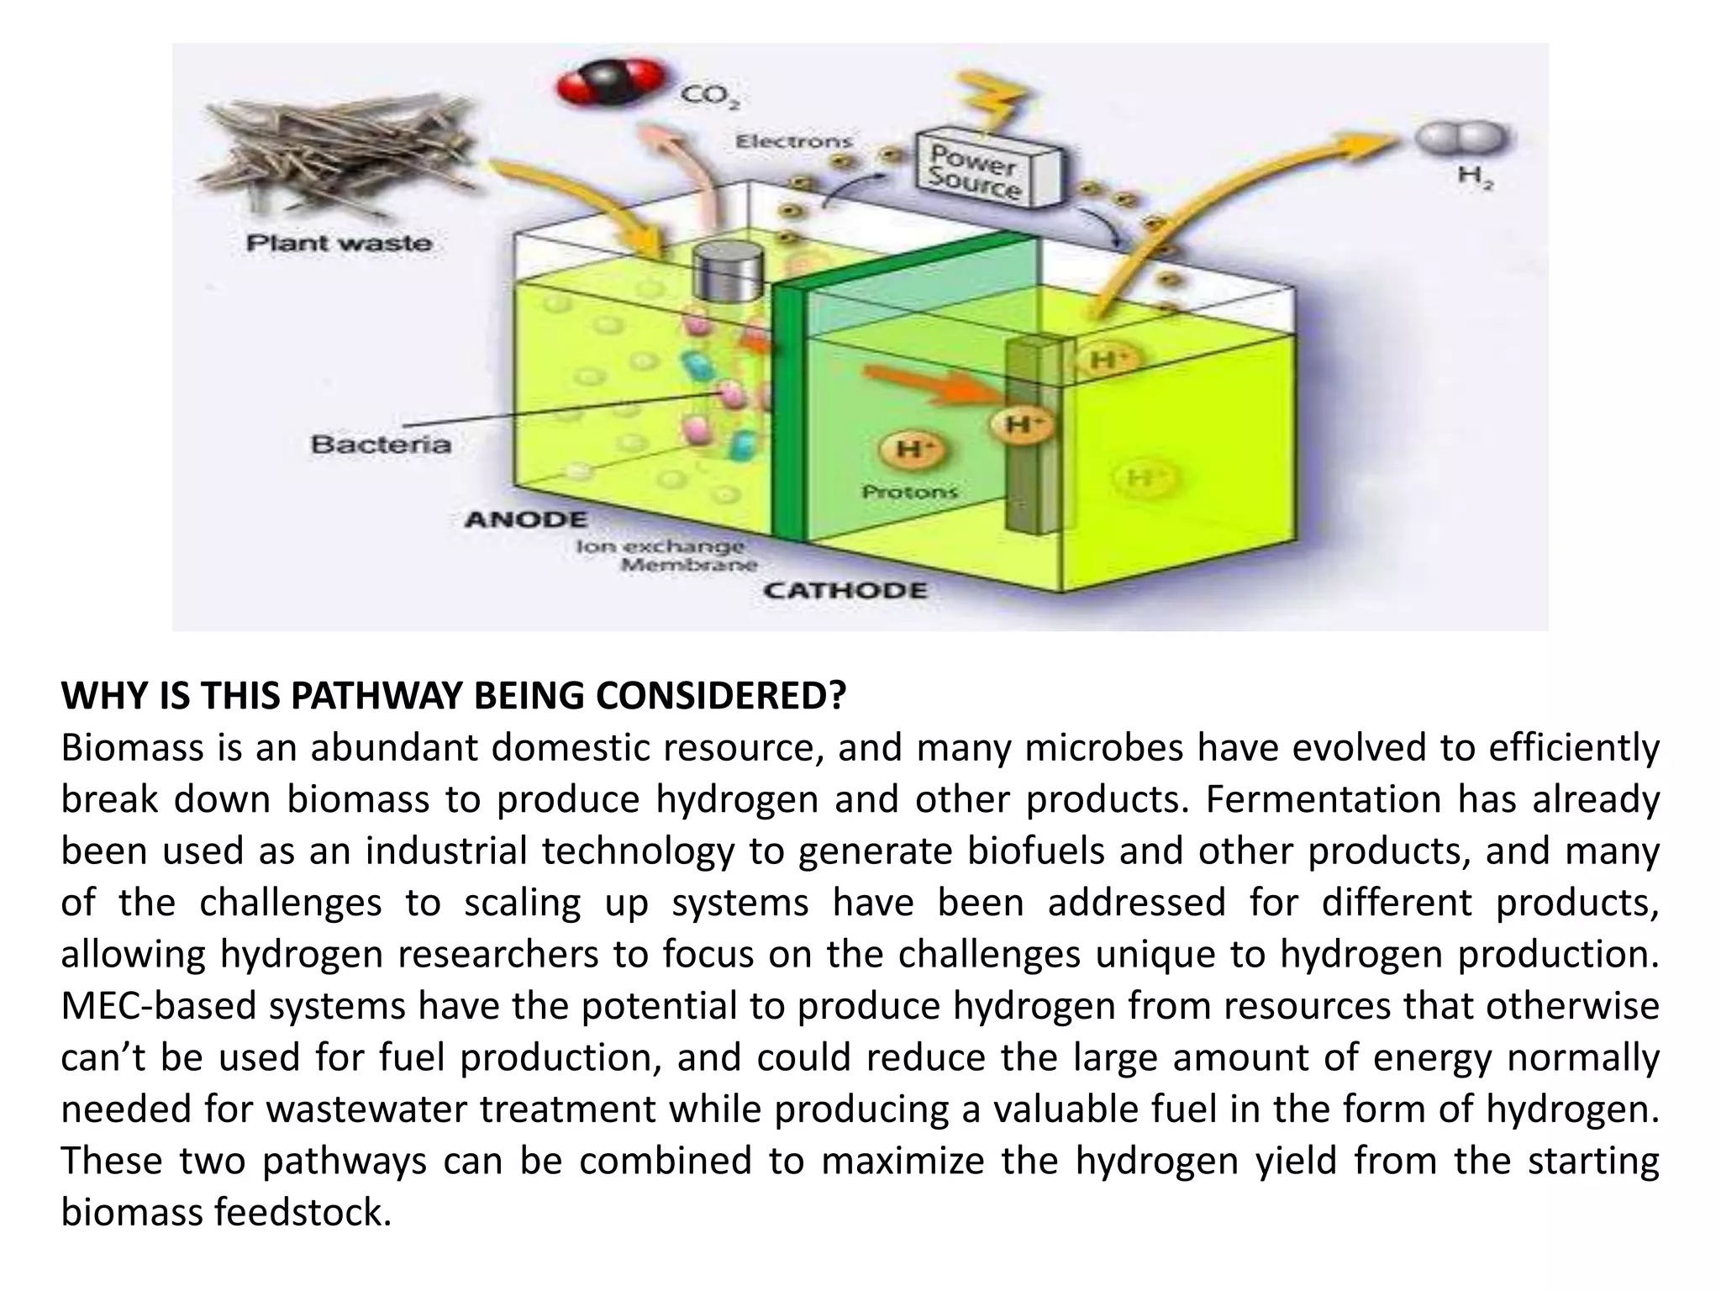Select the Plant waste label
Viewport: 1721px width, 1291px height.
coord(339,244)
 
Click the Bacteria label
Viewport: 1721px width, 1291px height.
coord(381,444)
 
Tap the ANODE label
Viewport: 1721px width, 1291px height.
coord(526,519)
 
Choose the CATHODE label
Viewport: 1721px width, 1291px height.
coord(845,590)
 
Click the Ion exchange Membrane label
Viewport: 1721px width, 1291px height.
coord(666,556)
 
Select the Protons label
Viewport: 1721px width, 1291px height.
coord(910,492)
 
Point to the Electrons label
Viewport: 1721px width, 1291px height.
coord(794,142)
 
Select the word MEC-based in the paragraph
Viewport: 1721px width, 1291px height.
coord(158,1005)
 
